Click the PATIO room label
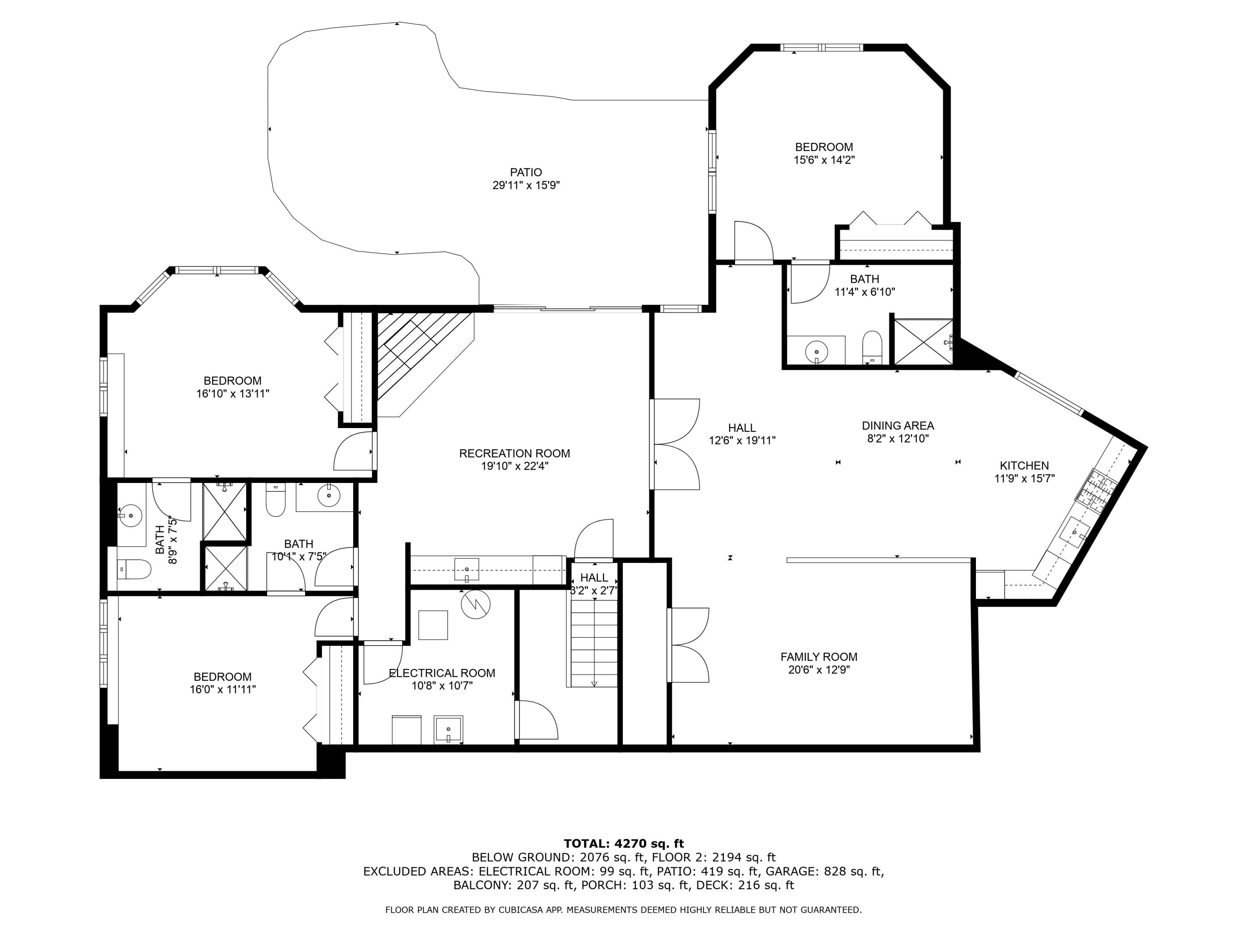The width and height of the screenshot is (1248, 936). tap(526, 172)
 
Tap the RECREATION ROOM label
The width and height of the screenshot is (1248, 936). tap(515, 453)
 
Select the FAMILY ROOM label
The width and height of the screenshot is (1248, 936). tap(819, 657)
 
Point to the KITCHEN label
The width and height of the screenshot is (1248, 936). tap(1024, 466)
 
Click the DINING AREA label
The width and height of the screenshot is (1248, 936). tap(898, 426)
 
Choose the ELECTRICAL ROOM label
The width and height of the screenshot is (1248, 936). tap(442, 673)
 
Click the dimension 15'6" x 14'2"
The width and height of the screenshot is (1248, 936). tap(824, 160)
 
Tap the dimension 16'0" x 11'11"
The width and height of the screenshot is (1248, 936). tap(223, 689)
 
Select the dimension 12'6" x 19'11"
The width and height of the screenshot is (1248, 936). tap(742, 441)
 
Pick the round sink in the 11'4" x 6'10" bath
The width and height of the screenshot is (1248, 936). tap(816, 352)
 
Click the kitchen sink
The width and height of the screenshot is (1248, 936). tap(1074, 532)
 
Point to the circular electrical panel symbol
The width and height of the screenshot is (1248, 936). tap(475, 604)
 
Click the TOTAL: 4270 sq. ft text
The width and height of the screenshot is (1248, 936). tap(624, 844)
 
